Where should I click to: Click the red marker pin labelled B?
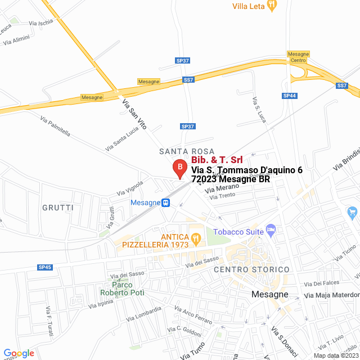(x=179, y=168)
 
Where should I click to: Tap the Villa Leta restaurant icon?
(x=273, y=6)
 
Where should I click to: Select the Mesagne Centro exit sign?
(x=298, y=57)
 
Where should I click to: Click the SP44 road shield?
(x=290, y=96)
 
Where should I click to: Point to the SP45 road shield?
(x=45, y=267)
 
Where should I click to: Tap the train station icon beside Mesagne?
(x=166, y=203)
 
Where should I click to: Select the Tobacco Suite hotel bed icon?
(x=271, y=229)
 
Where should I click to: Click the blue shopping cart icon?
(x=353, y=213)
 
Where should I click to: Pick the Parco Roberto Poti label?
(x=122, y=289)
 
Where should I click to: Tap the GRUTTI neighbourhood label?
(x=58, y=208)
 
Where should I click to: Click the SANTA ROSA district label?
(x=187, y=151)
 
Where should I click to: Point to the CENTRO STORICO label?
(x=251, y=270)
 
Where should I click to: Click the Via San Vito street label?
(x=134, y=114)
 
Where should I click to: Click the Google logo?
(x=19, y=353)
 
